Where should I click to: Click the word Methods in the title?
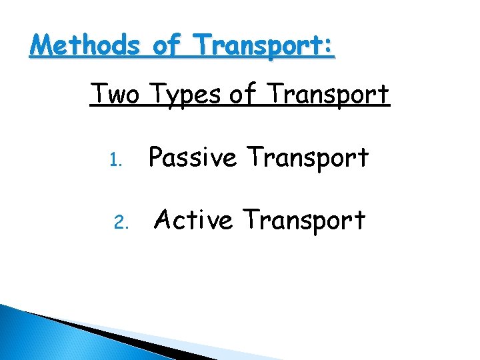pyautogui.click(x=85, y=47)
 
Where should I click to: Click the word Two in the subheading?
pyautogui.click(x=115, y=95)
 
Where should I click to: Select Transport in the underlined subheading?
pyautogui.click(x=331, y=95)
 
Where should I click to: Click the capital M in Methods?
pyautogui.click(x=41, y=47)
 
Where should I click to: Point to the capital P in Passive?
pyautogui.click(x=156, y=157)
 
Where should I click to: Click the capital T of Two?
pyautogui.click(x=98, y=95)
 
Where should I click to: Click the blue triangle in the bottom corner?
pyautogui.click(x=27, y=337)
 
